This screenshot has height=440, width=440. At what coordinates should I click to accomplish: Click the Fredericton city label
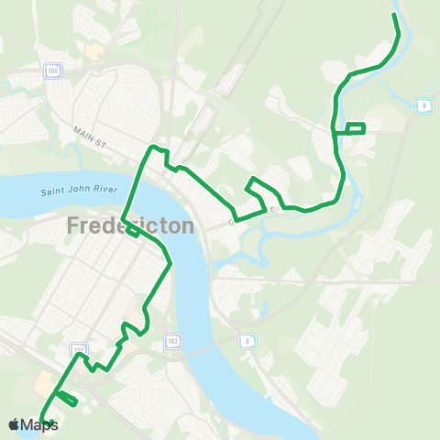click(x=129, y=225)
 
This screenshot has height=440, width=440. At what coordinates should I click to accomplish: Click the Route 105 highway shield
click(x=54, y=71)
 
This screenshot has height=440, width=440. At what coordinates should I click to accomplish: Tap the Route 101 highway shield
click(x=79, y=349)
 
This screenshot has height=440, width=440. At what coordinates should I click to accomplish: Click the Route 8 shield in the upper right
click(x=423, y=106)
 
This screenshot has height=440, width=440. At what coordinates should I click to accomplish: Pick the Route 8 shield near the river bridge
click(x=247, y=340)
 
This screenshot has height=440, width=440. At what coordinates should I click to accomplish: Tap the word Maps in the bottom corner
click(x=39, y=424)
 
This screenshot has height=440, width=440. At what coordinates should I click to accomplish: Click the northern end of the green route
click(x=394, y=16)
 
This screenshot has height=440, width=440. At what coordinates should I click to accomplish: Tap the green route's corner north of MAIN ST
click(x=154, y=147)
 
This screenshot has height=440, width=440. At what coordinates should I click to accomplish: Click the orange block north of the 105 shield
click(x=93, y=51)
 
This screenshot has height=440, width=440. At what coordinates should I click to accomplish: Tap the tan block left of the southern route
click(x=43, y=380)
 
